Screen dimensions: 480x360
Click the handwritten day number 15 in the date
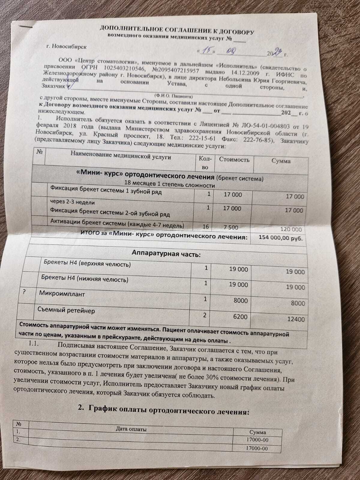[206, 51]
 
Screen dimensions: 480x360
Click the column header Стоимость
[234, 160]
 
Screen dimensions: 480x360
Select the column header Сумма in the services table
[281, 161]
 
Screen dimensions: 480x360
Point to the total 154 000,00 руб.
[280, 238]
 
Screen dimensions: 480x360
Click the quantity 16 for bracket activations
[205, 227]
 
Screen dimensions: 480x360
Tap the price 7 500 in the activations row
[231, 227]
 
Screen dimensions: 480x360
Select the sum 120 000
[291, 229]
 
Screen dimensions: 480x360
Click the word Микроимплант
[62, 294]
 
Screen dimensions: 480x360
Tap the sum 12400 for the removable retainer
[295, 319]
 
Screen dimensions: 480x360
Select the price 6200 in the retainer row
[240, 316]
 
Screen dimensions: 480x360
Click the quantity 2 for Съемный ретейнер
[205, 315]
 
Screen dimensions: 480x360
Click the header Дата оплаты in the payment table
[131, 429]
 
